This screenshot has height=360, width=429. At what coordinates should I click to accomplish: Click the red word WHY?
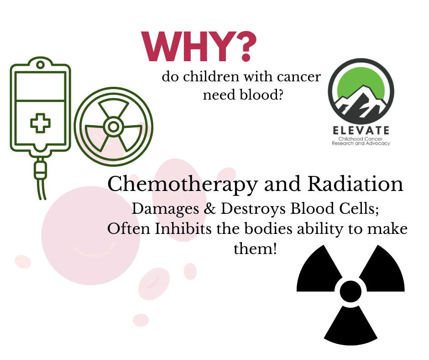click(199, 46)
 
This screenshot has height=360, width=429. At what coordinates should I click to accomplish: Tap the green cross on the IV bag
click(40, 123)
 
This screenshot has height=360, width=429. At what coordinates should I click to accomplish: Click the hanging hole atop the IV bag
click(40, 65)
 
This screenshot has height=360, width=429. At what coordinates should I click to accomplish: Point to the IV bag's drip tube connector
click(40, 170)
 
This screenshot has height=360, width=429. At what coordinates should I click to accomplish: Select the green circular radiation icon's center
click(113, 127)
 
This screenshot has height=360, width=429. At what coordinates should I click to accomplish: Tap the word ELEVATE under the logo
click(361, 130)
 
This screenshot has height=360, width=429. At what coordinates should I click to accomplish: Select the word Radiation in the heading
click(355, 184)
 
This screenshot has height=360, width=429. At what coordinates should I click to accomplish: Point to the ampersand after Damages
click(210, 208)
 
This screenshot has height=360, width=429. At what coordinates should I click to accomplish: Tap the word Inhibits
click(183, 228)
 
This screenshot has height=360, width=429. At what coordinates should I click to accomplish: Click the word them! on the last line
click(255, 249)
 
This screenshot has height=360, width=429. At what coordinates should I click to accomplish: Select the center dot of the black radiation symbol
click(351, 291)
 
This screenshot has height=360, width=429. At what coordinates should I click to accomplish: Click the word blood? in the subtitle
click(262, 95)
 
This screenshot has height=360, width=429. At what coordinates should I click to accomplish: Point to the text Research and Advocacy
click(361, 143)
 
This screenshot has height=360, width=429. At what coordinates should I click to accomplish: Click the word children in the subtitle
click(211, 76)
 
